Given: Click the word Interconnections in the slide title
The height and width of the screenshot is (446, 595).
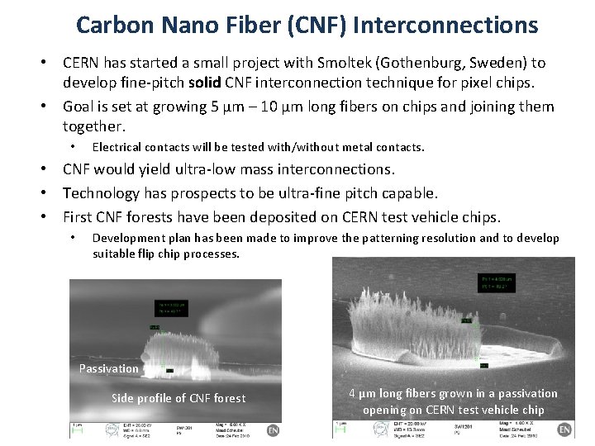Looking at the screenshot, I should pyautogui.click(x=445, y=25).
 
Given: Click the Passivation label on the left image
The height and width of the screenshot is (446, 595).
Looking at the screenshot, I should pyautogui.click(x=109, y=368).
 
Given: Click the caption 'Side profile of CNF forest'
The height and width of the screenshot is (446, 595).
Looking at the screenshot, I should pyautogui.click(x=178, y=399).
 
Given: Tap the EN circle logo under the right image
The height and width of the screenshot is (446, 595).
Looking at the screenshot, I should pyautogui.click(x=564, y=430).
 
